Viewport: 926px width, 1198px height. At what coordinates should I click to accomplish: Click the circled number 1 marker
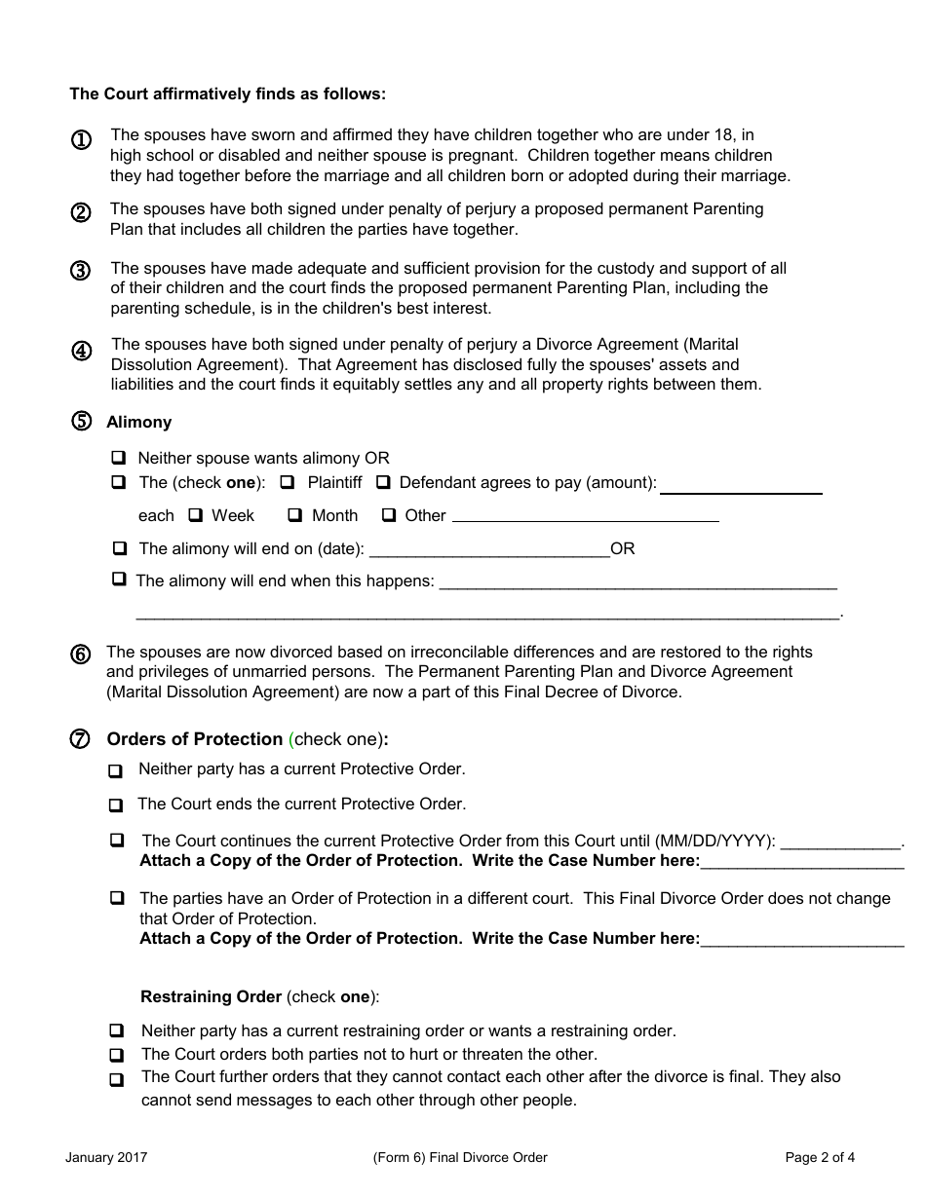tap(82, 140)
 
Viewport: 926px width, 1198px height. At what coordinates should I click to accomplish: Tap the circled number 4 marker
tap(82, 352)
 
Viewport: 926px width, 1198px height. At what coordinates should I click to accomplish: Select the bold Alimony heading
tap(138, 422)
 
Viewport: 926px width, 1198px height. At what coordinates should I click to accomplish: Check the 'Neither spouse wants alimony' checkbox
tap(119, 458)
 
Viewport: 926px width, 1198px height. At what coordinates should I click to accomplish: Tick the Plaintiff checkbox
tap(288, 482)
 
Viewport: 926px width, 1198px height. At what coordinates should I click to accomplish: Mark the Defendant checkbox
tap(384, 482)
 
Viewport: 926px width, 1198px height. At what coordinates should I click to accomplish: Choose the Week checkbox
tap(195, 515)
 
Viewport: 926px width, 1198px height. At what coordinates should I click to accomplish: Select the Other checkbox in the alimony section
tap(389, 515)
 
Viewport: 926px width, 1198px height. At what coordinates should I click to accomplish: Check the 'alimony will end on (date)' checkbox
tap(119, 548)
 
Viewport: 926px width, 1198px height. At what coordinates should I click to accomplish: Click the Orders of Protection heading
tap(194, 739)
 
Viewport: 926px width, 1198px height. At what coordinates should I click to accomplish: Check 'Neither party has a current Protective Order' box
tap(116, 770)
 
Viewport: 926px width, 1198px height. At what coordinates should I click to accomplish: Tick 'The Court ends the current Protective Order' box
tap(116, 805)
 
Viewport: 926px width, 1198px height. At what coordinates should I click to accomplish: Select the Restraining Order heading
tap(212, 997)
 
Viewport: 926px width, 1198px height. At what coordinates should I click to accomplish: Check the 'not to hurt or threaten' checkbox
tap(116, 1055)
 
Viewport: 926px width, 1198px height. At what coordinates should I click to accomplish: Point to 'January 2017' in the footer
tap(106, 1158)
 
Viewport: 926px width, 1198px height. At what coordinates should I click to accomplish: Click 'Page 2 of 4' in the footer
tap(820, 1158)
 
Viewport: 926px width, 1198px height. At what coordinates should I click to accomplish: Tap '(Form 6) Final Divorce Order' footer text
tap(460, 1158)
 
